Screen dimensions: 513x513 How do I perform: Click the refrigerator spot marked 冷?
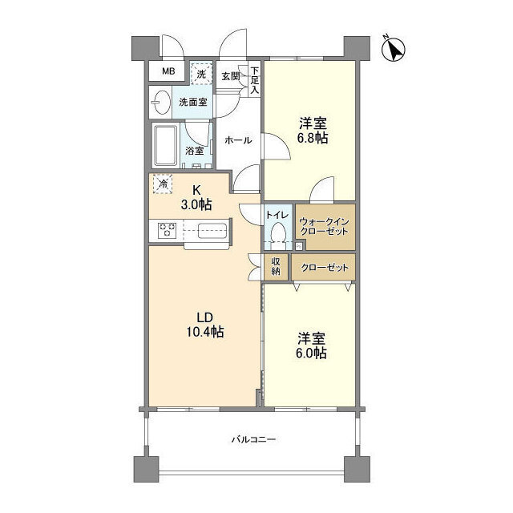coord(164,184)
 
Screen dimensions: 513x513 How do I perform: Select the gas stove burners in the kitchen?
coord(168,231)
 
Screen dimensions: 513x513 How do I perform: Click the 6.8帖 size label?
coord(313,131)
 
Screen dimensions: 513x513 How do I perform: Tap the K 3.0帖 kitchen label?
coord(196,197)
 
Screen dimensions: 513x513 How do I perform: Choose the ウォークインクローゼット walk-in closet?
coord(323,225)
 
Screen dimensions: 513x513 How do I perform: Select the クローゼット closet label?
coord(324,267)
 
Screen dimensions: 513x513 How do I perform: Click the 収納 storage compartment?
coord(276,267)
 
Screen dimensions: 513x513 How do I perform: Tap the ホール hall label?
coord(238,140)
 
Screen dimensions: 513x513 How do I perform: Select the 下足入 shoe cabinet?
coord(255,79)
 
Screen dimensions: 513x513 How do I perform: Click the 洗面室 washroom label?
coord(192,103)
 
